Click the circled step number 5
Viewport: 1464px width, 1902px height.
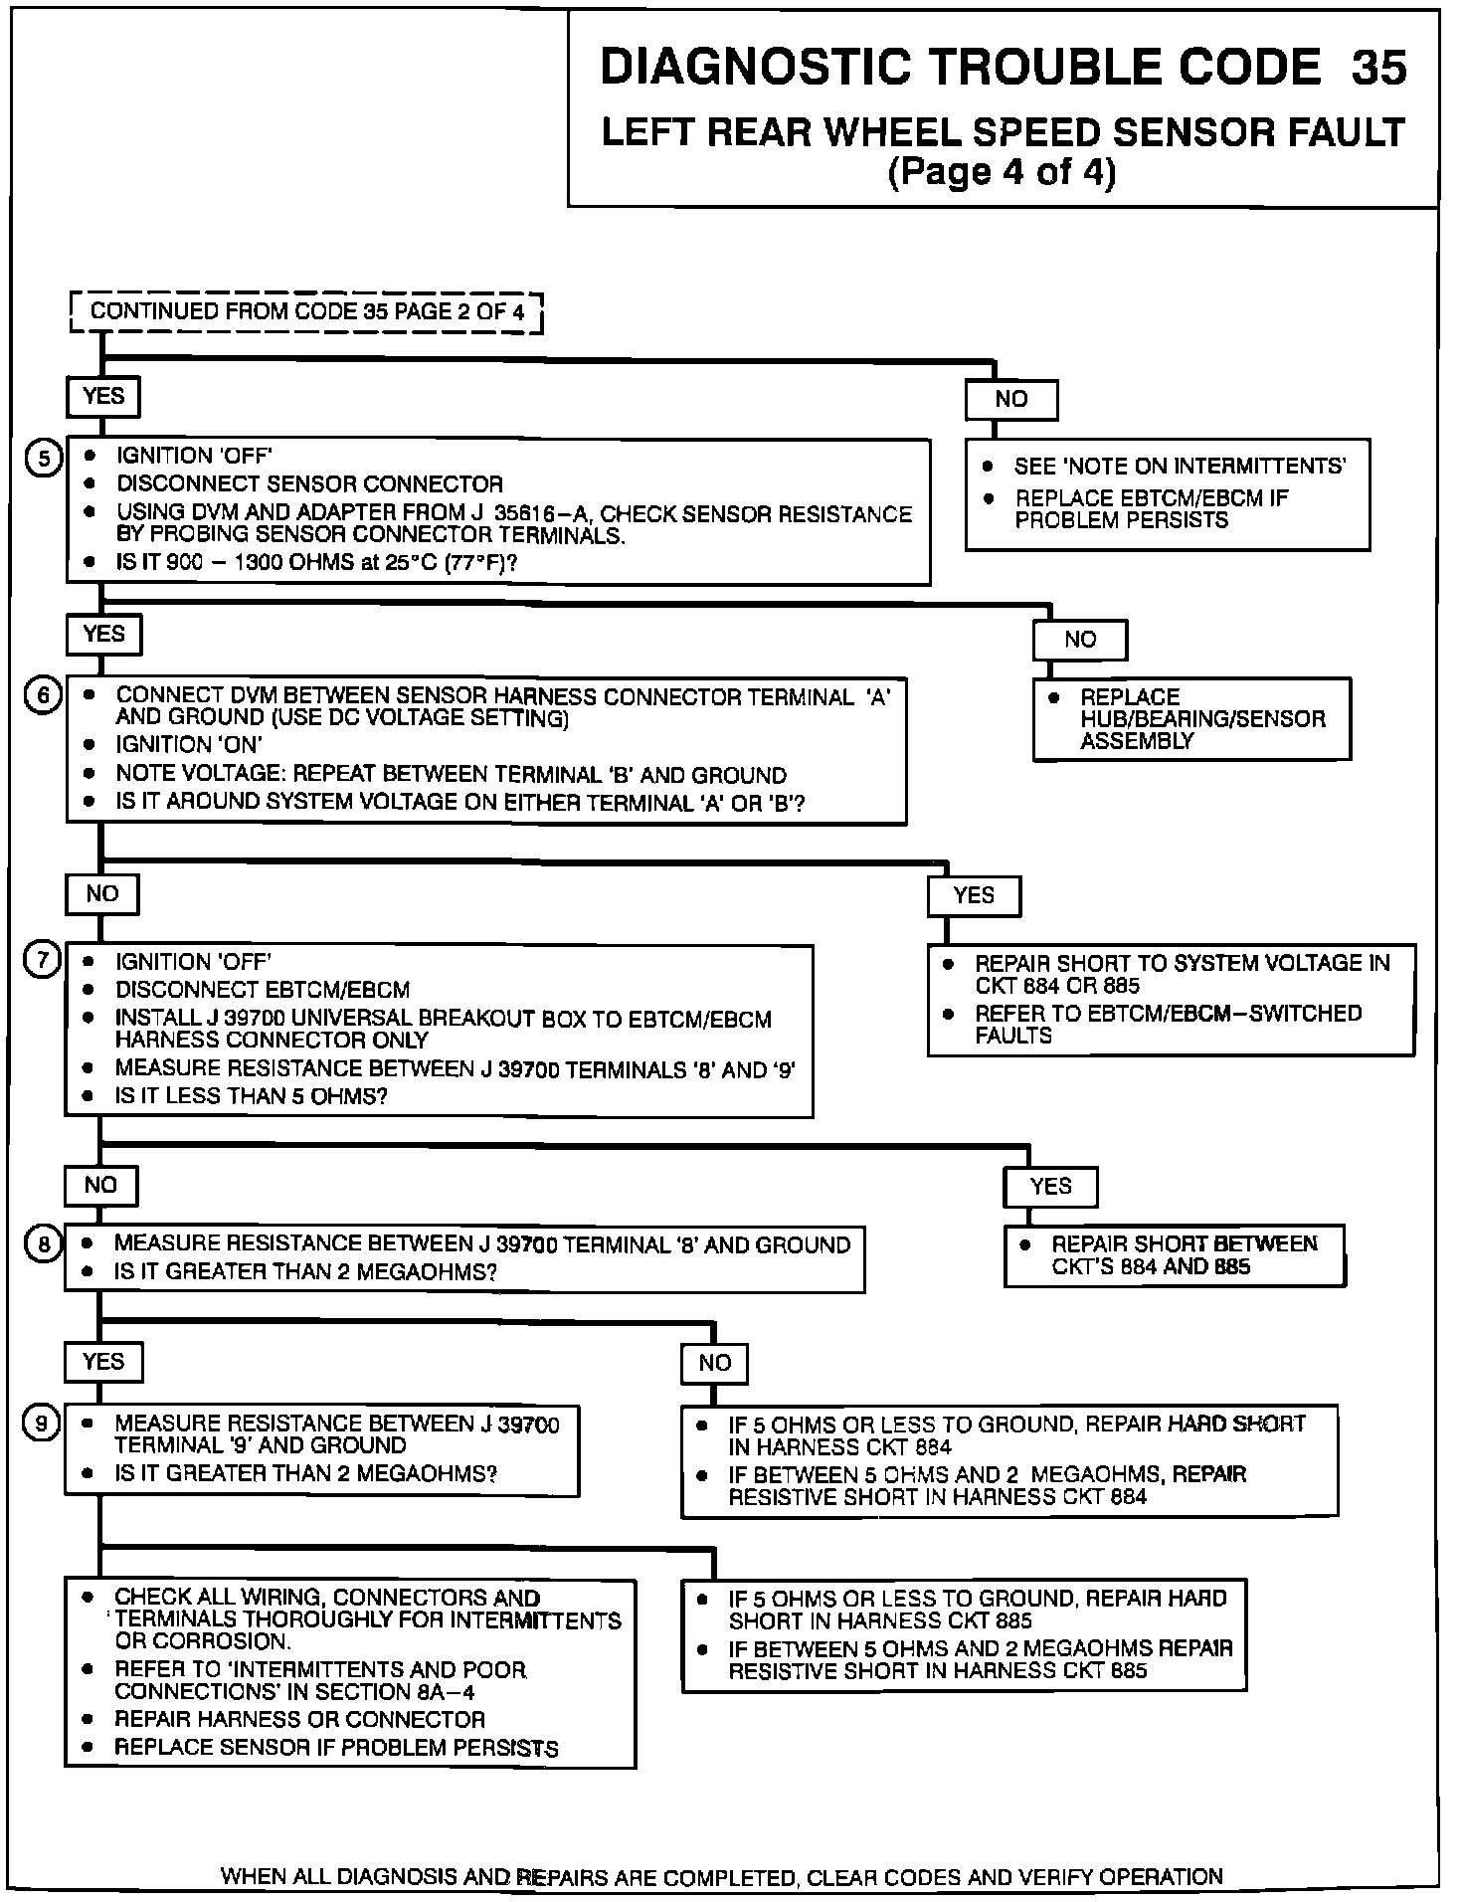click(x=43, y=458)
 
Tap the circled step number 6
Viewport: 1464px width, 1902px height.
click(x=43, y=695)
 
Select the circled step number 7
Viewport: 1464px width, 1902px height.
click(x=43, y=961)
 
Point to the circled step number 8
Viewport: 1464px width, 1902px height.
click(x=43, y=1243)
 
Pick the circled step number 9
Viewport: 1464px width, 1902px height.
click(x=43, y=1424)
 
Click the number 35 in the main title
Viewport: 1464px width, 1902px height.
click(x=1378, y=68)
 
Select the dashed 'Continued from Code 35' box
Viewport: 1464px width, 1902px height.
click(x=307, y=311)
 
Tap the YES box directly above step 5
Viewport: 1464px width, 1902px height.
click(x=103, y=396)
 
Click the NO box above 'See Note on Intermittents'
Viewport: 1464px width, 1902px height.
click(x=1010, y=400)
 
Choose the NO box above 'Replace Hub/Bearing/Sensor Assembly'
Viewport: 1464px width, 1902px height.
click(x=1079, y=640)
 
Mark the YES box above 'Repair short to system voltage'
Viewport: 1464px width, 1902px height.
click(x=974, y=895)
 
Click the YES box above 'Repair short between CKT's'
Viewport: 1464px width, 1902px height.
click(x=1050, y=1186)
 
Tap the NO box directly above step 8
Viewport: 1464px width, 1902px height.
click(x=101, y=1185)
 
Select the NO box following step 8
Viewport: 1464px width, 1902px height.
click(x=714, y=1363)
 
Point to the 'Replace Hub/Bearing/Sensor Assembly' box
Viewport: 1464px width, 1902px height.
click(x=1191, y=719)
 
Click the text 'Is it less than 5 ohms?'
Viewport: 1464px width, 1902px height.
click(x=251, y=1096)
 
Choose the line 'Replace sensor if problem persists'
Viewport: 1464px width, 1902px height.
click(x=336, y=1748)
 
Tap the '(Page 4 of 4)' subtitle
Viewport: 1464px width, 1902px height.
click(x=1002, y=172)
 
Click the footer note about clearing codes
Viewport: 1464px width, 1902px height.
click(x=722, y=1877)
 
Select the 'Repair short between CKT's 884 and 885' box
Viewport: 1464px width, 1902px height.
click(x=1175, y=1255)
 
